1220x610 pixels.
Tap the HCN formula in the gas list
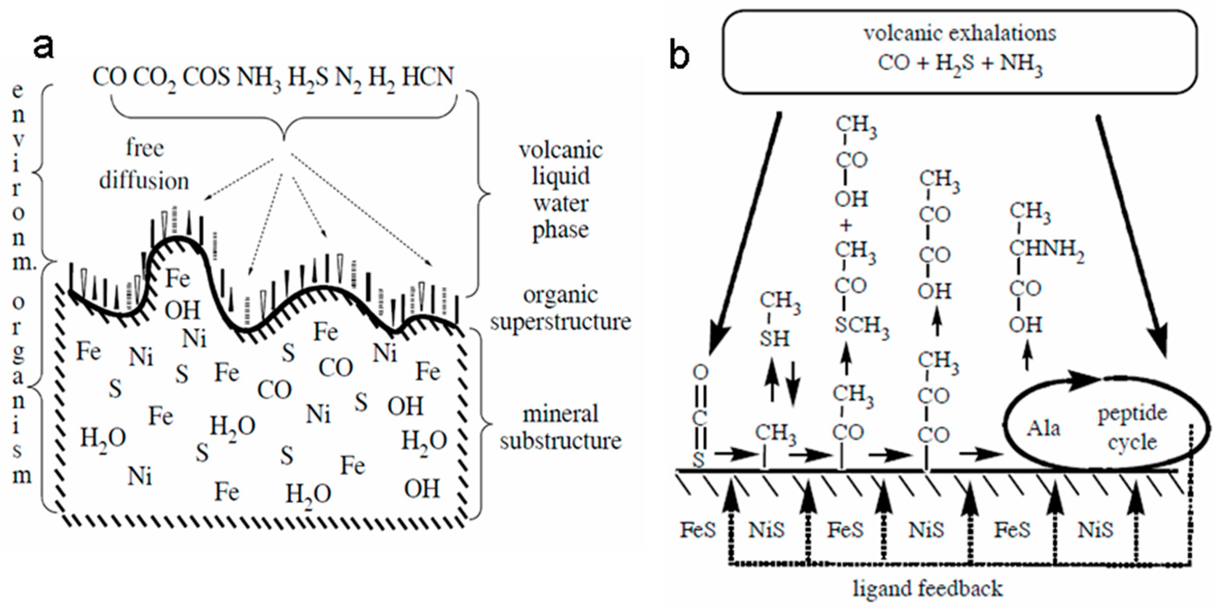coord(428,77)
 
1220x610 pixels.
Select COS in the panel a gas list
coord(206,77)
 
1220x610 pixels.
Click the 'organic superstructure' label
coord(560,308)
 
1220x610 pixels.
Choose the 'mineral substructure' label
coord(560,428)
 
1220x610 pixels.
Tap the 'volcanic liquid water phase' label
coord(560,190)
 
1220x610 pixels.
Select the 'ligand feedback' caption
coord(928,589)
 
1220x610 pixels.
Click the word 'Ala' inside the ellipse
coord(1043,428)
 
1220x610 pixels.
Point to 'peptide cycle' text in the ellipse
coord(1132,428)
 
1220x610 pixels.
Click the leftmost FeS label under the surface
coord(697,530)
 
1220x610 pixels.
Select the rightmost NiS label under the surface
coord(1096,530)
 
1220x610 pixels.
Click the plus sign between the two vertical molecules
coord(846,226)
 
